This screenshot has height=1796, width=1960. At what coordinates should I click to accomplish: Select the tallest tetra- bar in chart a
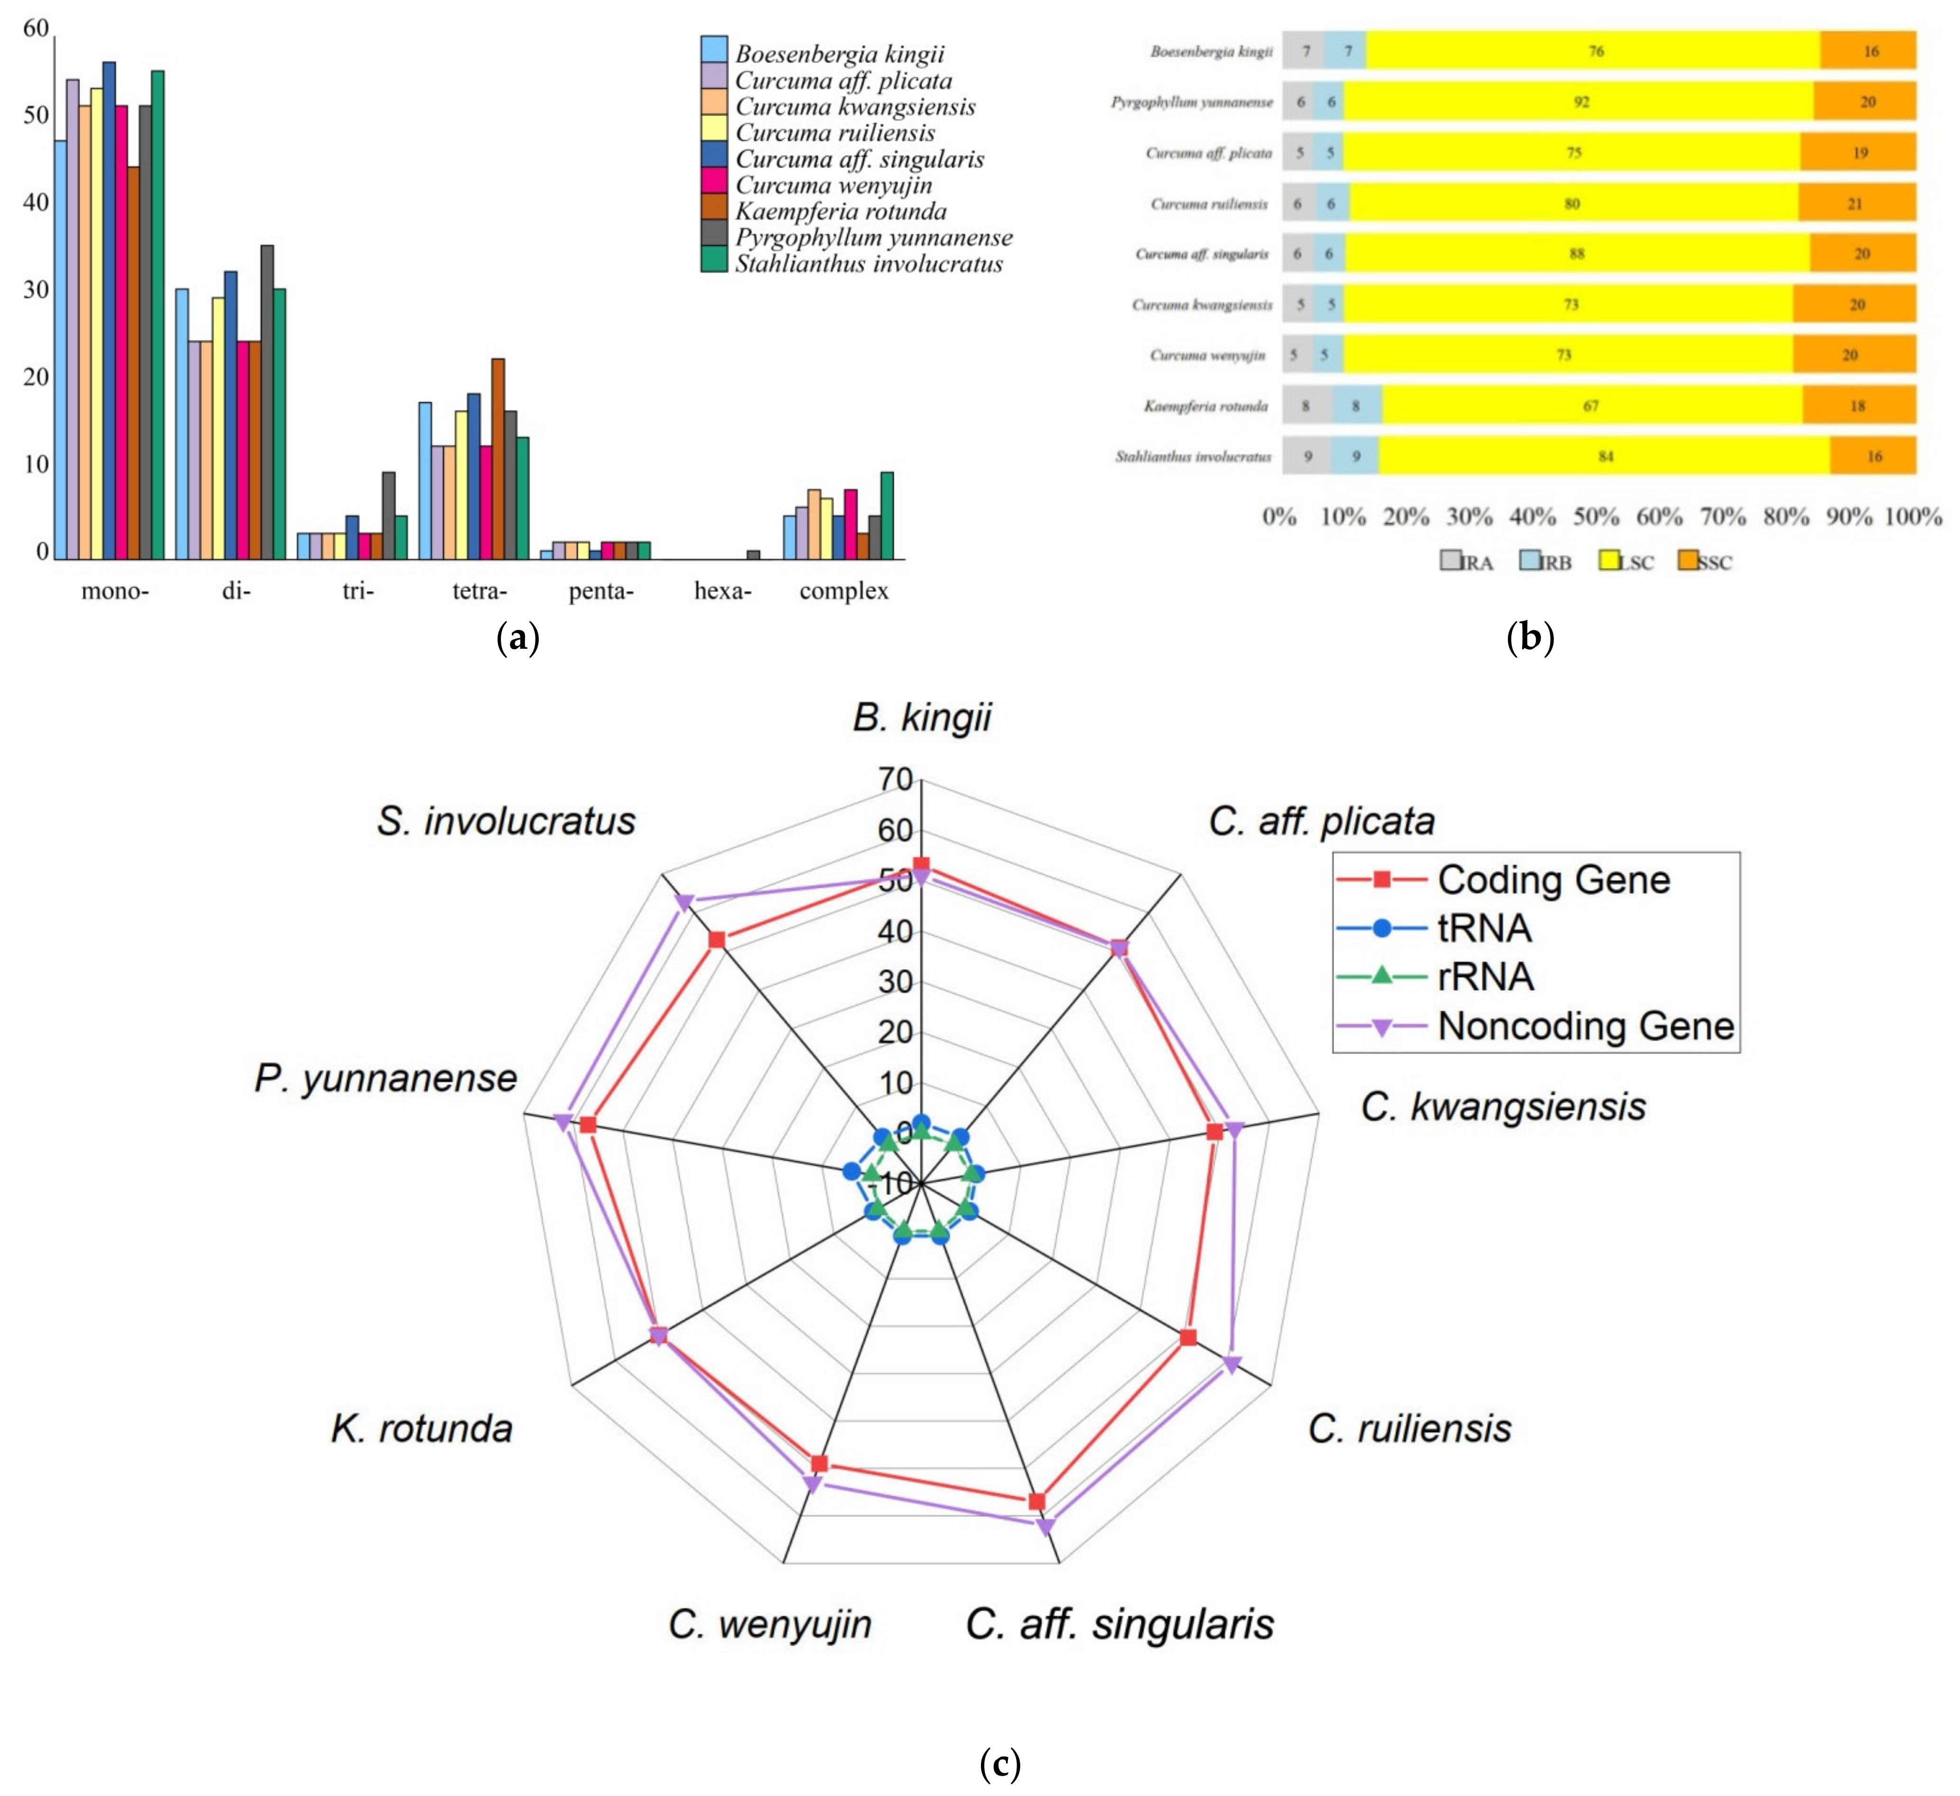[498, 459]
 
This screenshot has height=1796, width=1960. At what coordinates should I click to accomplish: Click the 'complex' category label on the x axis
[844, 591]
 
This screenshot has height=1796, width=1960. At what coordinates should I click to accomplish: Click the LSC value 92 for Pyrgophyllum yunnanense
[1582, 102]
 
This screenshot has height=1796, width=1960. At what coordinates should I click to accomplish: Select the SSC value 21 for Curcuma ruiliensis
[1855, 203]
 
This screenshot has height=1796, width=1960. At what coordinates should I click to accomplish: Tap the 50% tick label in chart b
[1597, 517]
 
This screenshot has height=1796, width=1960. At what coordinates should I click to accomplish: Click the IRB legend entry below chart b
[1546, 562]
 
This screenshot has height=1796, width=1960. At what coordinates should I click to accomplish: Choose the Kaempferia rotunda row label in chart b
[1206, 406]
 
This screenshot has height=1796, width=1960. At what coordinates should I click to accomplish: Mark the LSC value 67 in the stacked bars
[1590, 406]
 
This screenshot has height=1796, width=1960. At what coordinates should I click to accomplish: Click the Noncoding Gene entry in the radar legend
[1585, 1026]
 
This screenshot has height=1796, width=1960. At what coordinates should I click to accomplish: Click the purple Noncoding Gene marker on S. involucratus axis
[684, 902]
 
